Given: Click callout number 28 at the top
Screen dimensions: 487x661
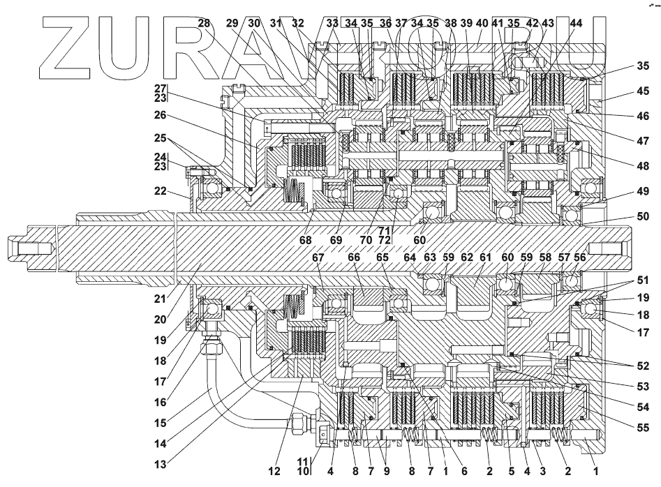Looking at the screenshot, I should pos(204,23).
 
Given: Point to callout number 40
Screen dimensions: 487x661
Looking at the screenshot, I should pos(481,23).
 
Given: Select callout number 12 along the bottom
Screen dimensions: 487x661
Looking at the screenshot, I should pos(274,471).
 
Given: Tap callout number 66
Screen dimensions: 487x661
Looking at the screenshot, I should pos(354,257).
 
